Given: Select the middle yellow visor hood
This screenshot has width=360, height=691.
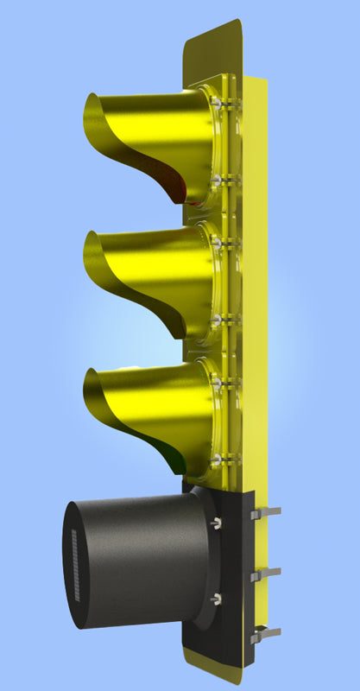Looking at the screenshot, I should [147, 263].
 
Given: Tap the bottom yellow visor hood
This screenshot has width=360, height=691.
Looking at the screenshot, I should [147, 402].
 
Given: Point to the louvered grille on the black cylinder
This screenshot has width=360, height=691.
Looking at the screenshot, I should [74, 566].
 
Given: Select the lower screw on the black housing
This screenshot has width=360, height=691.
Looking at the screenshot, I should [216, 598].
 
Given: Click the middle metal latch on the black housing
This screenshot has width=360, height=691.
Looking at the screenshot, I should [265, 574].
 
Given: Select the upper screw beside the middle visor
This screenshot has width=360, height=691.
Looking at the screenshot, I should [217, 245].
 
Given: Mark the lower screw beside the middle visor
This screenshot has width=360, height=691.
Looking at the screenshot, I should [218, 320].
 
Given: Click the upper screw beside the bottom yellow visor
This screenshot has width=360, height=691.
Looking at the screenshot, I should [218, 380].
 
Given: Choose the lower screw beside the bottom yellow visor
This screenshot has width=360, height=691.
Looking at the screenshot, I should [218, 456].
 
